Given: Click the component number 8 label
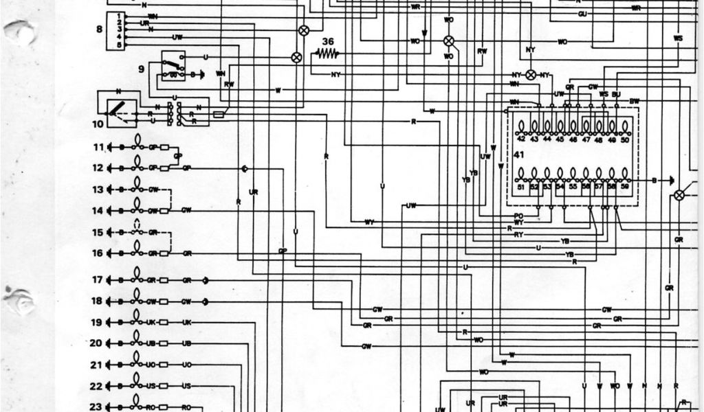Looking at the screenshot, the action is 99,29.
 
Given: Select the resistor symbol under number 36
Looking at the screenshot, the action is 328,52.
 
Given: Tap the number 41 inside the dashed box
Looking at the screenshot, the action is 519,155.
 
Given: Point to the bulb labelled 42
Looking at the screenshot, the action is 520,126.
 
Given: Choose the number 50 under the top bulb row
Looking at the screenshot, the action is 624,139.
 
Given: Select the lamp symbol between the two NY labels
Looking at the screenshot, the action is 531,74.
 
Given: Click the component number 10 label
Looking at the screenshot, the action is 97,124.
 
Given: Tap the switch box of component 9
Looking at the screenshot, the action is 173,66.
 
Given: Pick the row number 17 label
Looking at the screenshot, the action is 97,280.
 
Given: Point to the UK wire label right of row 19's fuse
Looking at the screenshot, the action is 186,322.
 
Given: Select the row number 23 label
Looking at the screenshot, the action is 97,407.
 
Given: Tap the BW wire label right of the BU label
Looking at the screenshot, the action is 634,101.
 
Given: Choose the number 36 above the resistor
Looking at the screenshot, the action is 328,41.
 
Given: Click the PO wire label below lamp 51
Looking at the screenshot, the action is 518,216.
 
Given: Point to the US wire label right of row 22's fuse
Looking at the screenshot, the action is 186,386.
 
